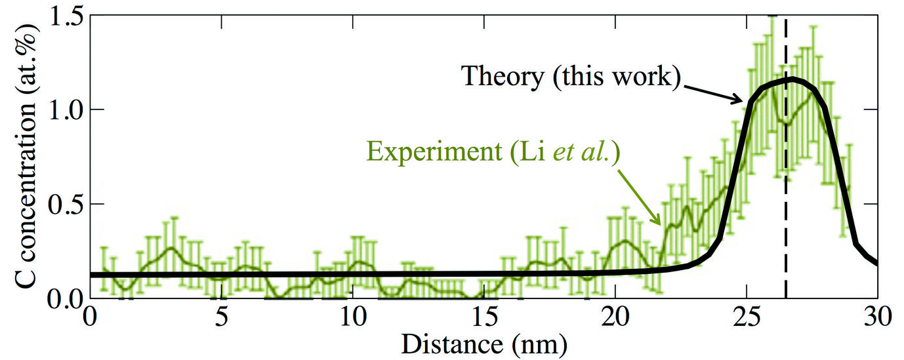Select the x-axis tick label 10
pos(352,319)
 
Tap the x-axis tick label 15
pos(483,319)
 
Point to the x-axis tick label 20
pos(615,319)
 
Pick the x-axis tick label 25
pos(746,319)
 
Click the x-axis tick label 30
pos(876,319)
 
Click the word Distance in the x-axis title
pos(445,343)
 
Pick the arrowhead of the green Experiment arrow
pos(661,224)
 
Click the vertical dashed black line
pos(786,197)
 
